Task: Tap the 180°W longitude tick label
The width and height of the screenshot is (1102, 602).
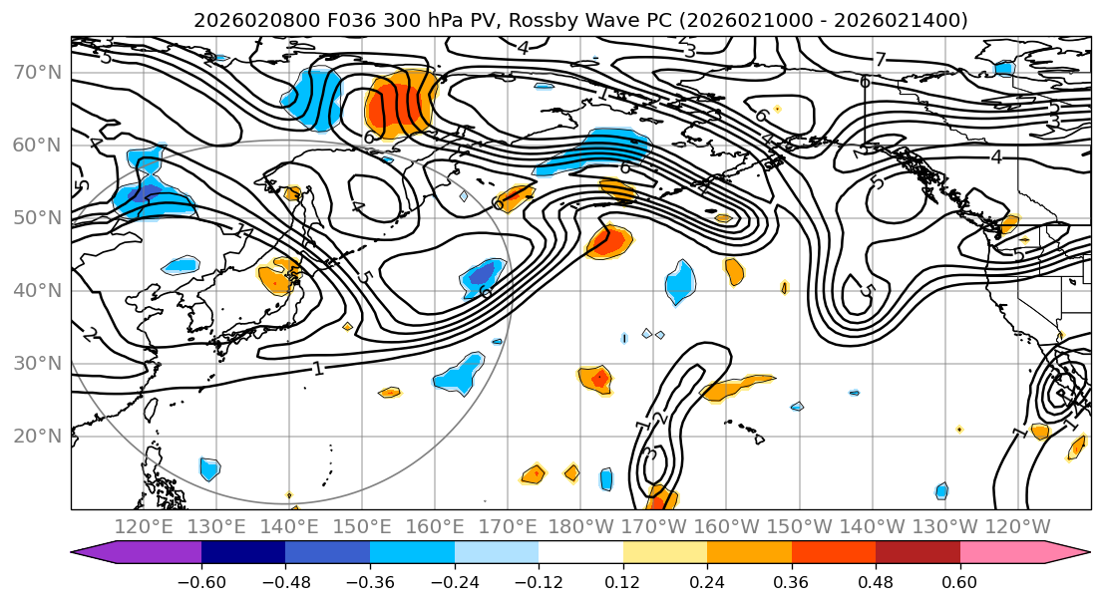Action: (x=580, y=527)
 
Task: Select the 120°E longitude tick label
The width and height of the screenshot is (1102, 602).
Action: (x=144, y=527)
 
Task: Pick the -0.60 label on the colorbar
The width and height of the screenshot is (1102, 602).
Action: (x=201, y=581)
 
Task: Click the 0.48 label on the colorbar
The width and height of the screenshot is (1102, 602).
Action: (x=876, y=581)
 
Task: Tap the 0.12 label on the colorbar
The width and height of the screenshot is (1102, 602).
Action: (x=622, y=581)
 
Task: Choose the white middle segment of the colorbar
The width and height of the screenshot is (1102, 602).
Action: (x=580, y=553)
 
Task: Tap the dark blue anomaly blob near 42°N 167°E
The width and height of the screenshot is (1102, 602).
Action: (x=483, y=273)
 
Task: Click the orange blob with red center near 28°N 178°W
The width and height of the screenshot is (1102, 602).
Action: (x=596, y=379)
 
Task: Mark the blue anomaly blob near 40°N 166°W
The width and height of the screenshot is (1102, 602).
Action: (x=680, y=281)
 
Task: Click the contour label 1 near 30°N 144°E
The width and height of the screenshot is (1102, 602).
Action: (x=317, y=369)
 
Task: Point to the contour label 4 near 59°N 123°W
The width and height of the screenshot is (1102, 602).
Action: (x=995, y=156)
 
